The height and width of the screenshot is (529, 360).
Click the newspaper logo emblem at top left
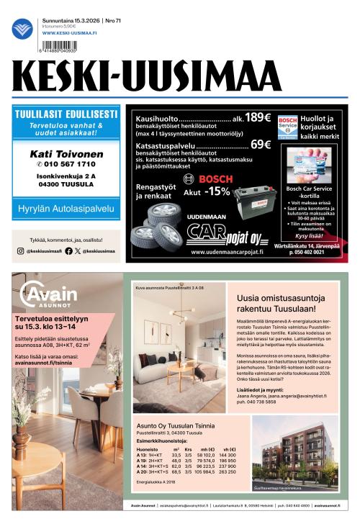(22, 29)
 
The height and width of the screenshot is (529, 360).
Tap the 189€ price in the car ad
(257, 117)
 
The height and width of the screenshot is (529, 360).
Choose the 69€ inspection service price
(260, 144)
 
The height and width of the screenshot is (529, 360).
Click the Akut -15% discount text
(207, 191)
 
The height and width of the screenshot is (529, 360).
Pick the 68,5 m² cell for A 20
(176, 472)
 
